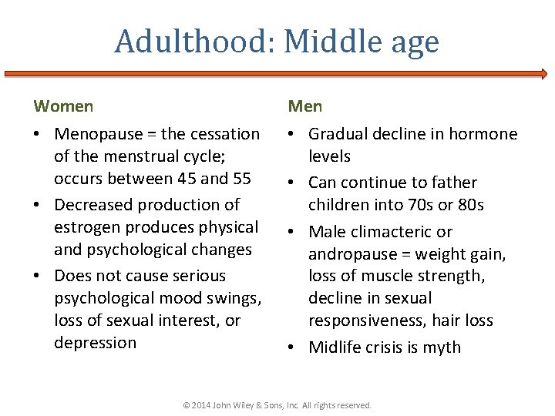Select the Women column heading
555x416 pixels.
pos(63,106)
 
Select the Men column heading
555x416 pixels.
pos(305,106)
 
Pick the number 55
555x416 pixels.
pos(240,179)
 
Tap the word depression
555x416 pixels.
pos(95,343)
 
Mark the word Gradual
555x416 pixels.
pos(338,134)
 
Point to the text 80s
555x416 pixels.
pos(470,205)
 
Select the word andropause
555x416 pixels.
pos(351,254)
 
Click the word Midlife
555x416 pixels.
pos(336,347)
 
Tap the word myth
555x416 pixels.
pos(442,347)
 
